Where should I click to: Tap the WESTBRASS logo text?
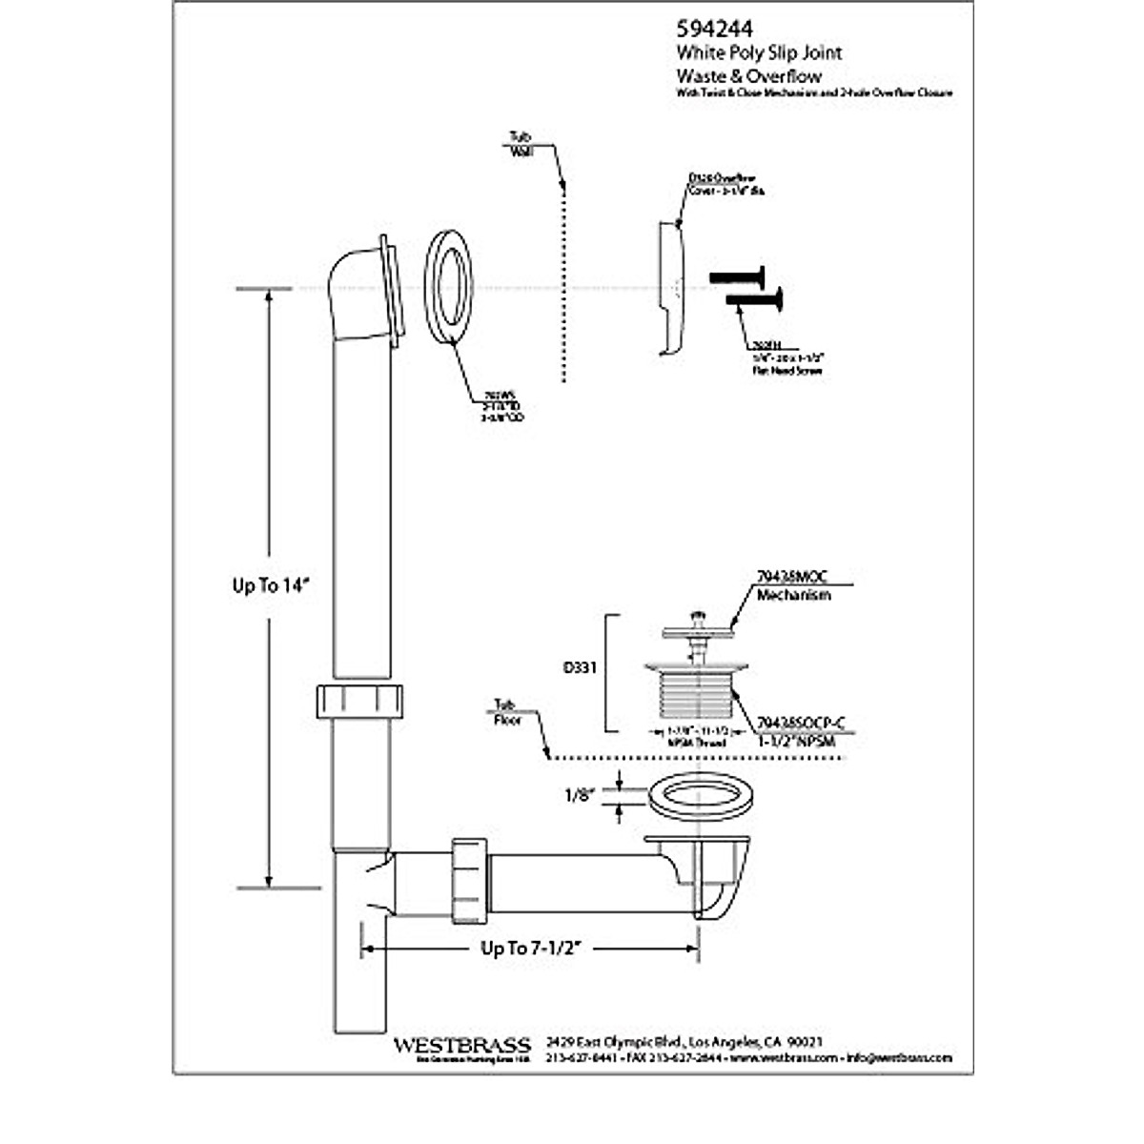[x=462, y=1045]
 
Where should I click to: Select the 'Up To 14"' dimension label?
[x=272, y=586]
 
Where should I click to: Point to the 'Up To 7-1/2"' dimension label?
[x=531, y=948]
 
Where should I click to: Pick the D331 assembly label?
[x=580, y=668]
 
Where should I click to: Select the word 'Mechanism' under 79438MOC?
[x=793, y=595]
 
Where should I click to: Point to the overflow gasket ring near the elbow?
[x=448, y=285]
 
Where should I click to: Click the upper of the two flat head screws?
[x=738, y=277]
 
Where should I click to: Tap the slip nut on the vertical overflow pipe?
[x=359, y=701]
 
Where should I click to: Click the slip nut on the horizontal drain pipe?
[x=468, y=878]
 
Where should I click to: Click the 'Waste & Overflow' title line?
[x=748, y=75]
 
